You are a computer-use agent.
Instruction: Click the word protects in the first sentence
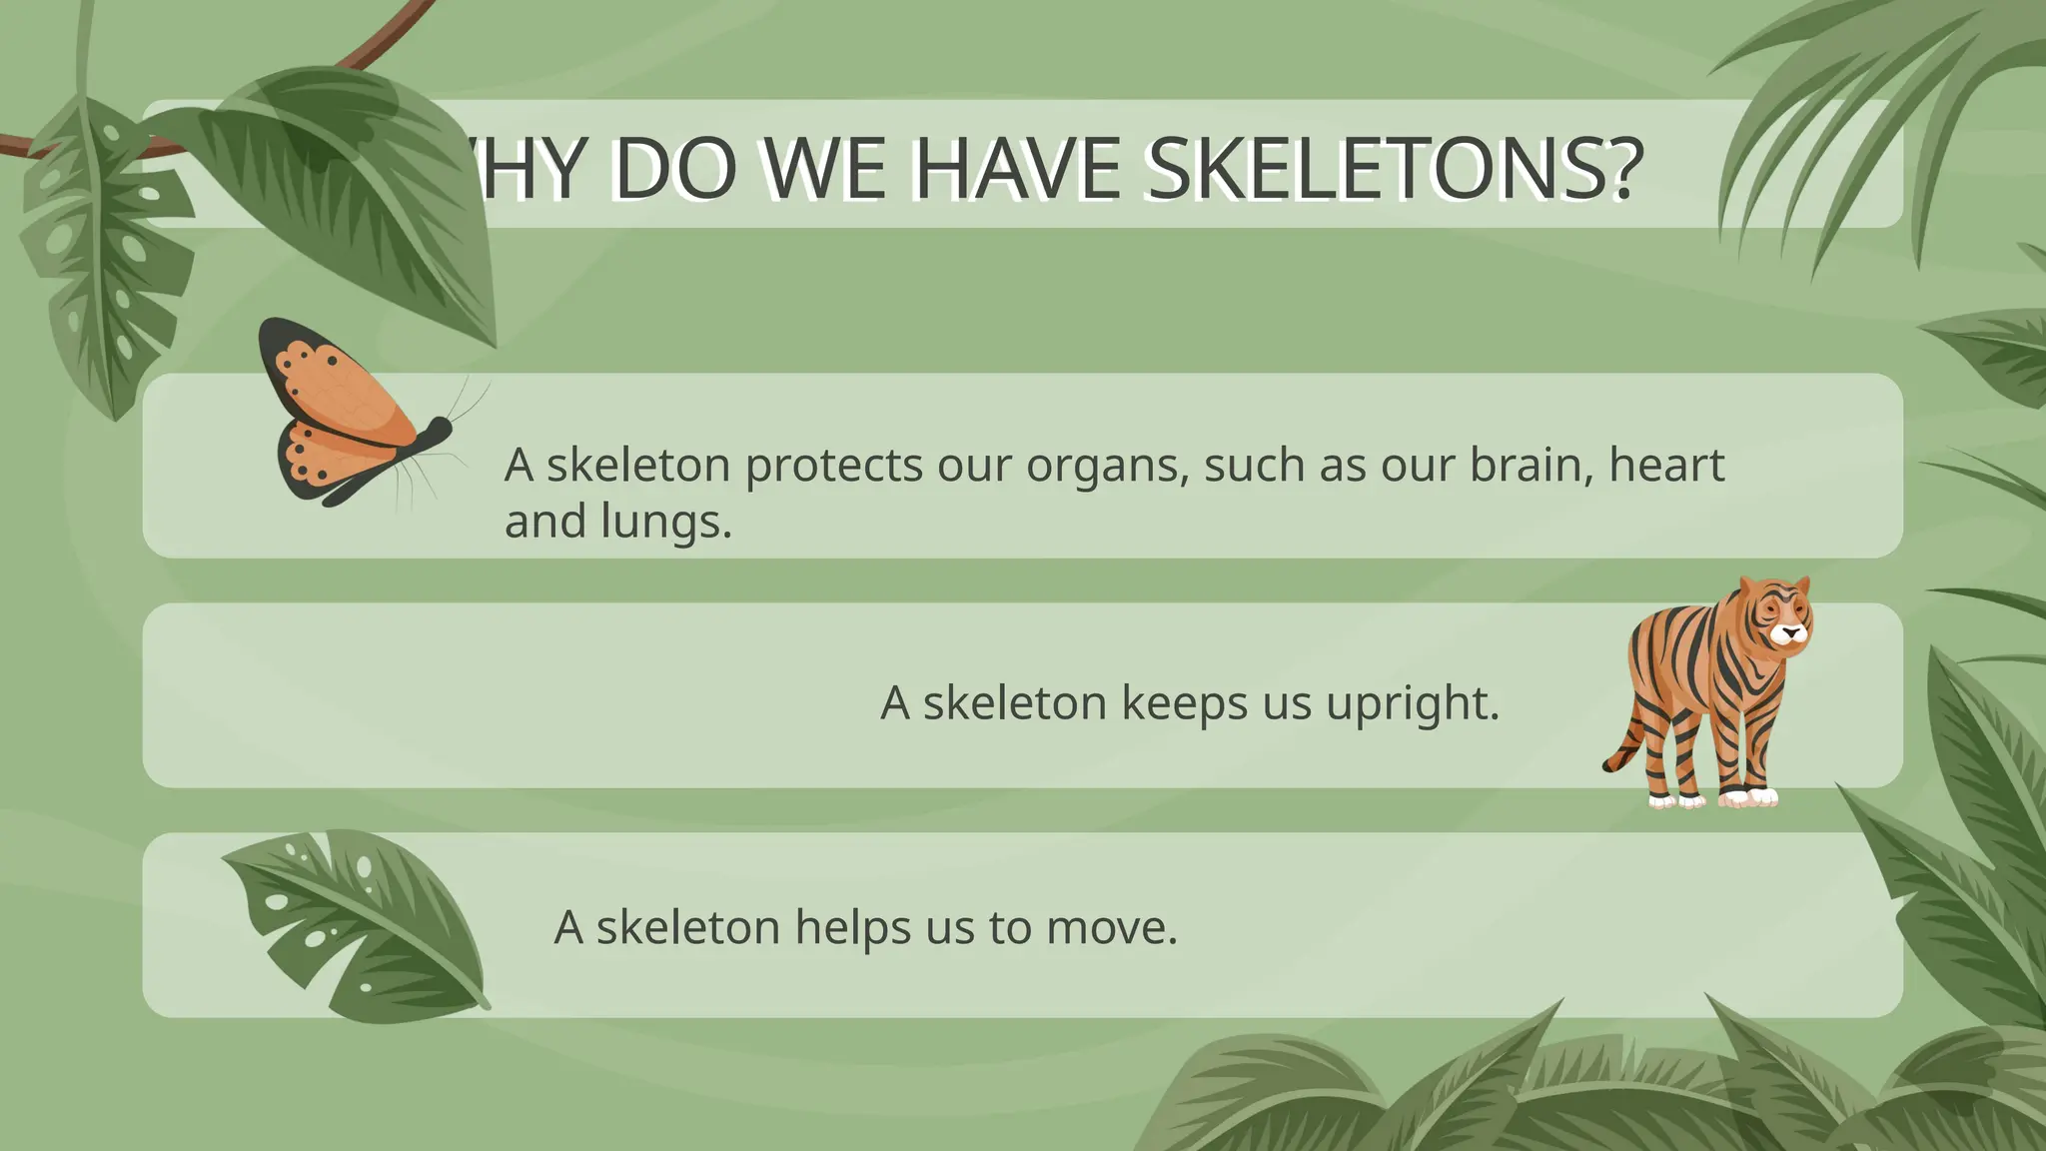(x=833, y=466)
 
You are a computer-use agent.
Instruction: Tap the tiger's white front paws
(x=1748, y=797)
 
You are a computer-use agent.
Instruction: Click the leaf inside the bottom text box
(x=360, y=924)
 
